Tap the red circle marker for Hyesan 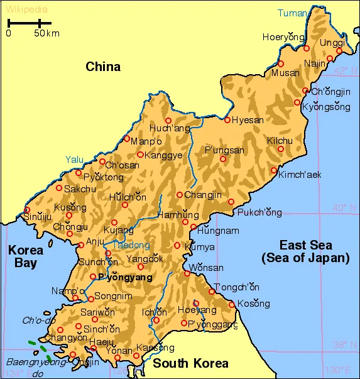click(227, 119)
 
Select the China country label click(103, 67)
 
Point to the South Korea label click(191, 363)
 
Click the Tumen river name click(293, 13)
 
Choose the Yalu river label click(74, 160)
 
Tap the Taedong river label click(131, 245)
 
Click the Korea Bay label click(26, 256)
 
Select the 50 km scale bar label click(46, 33)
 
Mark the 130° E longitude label click(337, 370)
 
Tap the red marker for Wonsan click(187, 273)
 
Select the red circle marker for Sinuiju click(26, 210)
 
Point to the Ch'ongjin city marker click(305, 91)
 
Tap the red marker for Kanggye click(140, 155)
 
